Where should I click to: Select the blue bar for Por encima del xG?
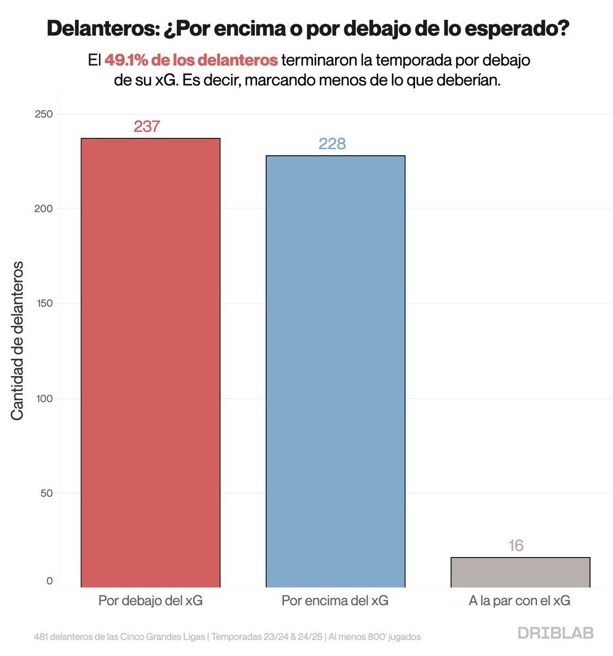(x=335, y=371)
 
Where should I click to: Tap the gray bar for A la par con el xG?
(x=520, y=572)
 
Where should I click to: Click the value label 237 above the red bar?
(x=147, y=126)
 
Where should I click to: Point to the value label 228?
(x=332, y=144)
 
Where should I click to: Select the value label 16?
(x=516, y=546)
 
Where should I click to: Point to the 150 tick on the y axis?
(x=45, y=303)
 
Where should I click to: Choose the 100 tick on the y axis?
(x=45, y=399)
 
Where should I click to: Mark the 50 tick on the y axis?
(x=46, y=493)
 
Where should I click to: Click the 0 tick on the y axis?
(x=50, y=581)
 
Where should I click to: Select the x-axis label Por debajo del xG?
(x=150, y=601)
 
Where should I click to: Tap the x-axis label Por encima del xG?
(x=335, y=601)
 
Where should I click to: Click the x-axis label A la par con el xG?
(x=519, y=601)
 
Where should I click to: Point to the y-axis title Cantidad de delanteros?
(x=17, y=341)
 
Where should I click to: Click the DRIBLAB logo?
(x=555, y=633)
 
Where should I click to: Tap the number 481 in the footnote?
(x=42, y=637)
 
